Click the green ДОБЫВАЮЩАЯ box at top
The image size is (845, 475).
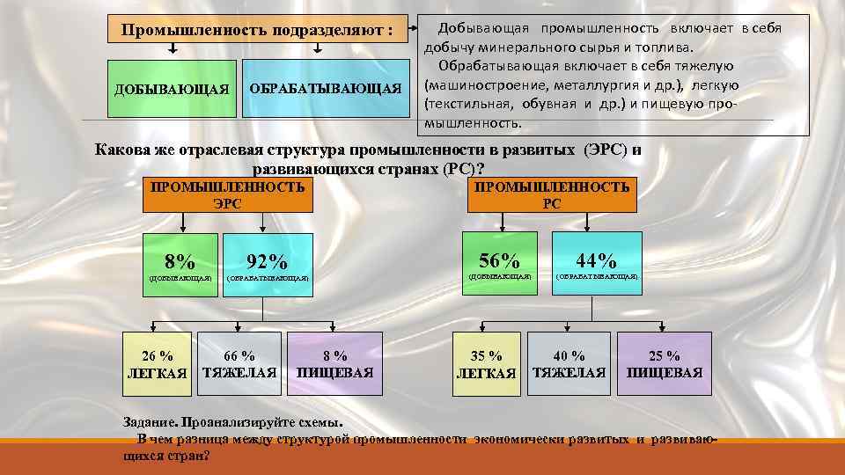pyautogui.click(x=173, y=88)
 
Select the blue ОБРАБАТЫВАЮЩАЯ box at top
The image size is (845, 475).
pyautogui.click(x=325, y=88)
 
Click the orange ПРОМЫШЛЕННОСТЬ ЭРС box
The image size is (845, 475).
pyautogui.click(x=227, y=194)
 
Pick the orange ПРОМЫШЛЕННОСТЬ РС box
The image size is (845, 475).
pyautogui.click(x=552, y=194)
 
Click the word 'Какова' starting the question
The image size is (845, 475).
pyautogui.click(x=123, y=150)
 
